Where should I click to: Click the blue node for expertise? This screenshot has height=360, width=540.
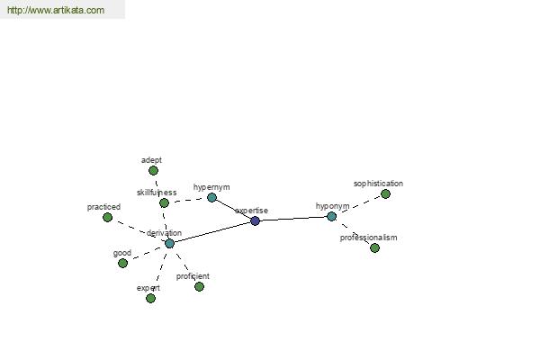point(255,220)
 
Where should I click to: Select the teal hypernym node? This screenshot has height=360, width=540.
point(211,197)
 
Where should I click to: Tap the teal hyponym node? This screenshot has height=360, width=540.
point(331,216)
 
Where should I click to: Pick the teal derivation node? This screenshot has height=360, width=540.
point(169,244)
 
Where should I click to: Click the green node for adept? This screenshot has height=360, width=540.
point(153,170)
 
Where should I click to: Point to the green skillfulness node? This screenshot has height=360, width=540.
point(165,202)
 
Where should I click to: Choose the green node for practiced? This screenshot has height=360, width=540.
point(107,218)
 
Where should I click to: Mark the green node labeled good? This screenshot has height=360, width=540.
point(122,263)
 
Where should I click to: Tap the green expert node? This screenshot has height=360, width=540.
point(150,298)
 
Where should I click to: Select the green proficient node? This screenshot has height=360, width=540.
point(199,286)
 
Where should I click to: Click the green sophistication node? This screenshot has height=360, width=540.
point(385,194)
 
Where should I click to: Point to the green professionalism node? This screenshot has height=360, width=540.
point(374,248)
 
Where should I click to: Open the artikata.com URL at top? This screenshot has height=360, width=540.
point(56,10)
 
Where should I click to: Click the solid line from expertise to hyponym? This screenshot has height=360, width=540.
point(293,219)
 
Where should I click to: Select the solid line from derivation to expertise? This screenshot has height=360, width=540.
point(212,232)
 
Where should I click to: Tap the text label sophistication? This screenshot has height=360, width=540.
point(378,184)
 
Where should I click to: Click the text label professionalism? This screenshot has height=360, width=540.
point(368,238)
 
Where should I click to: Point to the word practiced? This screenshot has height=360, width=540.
point(103,207)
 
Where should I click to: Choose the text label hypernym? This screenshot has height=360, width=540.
point(211,187)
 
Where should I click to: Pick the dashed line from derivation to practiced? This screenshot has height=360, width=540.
point(139,230)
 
